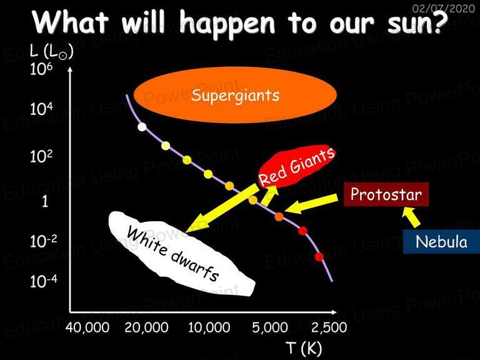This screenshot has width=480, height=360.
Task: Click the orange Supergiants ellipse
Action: (236, 95)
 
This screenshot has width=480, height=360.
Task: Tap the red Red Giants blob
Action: (296, 166)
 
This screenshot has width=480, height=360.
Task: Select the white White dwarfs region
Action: (181, 254)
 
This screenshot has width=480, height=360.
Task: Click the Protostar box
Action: (386, 194)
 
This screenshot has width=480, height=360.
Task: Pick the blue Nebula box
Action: (441, 242)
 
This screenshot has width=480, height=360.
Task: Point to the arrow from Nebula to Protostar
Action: (411, 217)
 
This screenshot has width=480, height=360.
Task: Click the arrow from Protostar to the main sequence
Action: (311, 204)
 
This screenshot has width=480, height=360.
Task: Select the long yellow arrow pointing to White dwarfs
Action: (222, 208)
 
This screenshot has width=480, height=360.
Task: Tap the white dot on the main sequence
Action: (142, 127)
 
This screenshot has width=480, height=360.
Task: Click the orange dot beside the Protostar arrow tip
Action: (279, 217)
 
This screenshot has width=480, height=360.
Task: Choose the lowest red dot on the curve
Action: (319, 256)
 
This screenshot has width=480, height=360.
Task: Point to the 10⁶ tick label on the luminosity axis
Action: (41, 69)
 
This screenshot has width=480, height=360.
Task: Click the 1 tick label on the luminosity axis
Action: (45, 201)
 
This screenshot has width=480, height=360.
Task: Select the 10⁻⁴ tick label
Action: (43, 281)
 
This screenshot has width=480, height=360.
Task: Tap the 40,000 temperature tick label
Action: (87, 327)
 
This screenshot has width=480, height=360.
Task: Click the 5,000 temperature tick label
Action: (270, 327)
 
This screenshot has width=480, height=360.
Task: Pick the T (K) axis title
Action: (304, 348)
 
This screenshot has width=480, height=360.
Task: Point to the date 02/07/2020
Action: (444, 8)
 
